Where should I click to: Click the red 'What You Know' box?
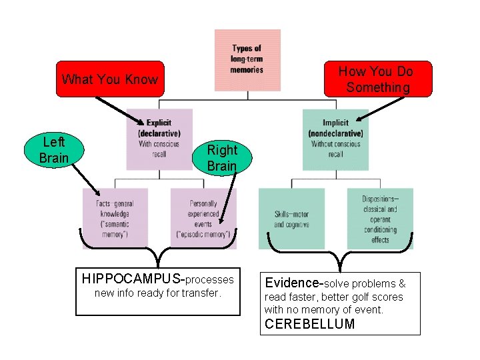(110, 79)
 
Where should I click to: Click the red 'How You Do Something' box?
(377, 79)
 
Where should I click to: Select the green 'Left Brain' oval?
(53, 150)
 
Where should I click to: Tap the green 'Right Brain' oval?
(221, 158)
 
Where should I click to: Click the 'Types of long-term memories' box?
(247, 59)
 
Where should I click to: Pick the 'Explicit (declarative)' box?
(159, 139)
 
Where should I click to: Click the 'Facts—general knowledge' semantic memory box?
(115, 217)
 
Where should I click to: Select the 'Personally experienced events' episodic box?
(203, 217)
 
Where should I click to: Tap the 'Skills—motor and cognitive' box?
(291, 219)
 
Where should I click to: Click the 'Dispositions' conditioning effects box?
(380, 219)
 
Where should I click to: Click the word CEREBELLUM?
(309, 325)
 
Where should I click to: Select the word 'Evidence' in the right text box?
(294, 283)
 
